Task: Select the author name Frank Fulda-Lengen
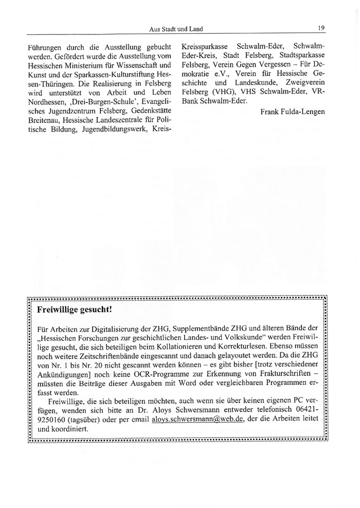click(x=293, y=112)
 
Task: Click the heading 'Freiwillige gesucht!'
click(x=74, y=310)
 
